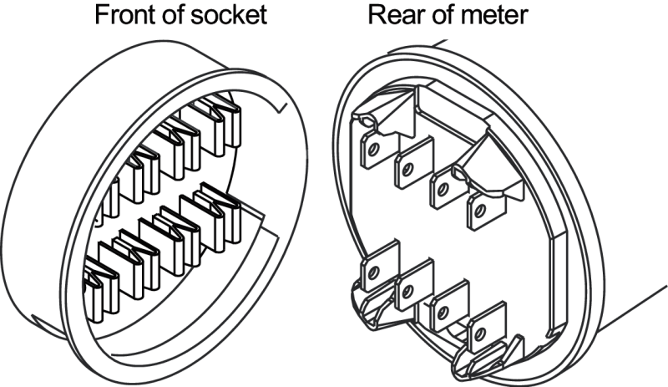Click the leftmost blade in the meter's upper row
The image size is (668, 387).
pyautogui.click(x=373, y=151)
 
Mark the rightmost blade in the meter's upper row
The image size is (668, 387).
pyautogui.click(x=482, y=210)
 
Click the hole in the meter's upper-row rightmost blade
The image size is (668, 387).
pyautogui.click(x=479, y=211)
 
